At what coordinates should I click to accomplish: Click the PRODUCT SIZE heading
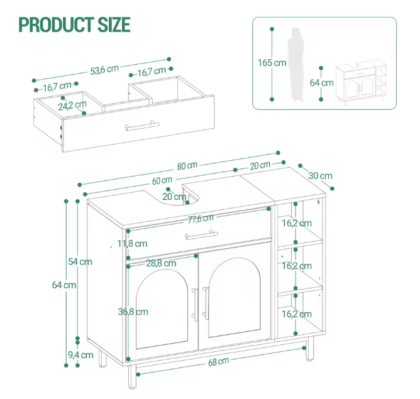pos(75,25)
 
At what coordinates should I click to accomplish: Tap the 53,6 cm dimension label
pos(104,70)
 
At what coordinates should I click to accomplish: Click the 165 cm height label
pos(272,62)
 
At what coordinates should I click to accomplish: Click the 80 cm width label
pos(187,166)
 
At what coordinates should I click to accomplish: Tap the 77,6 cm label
pos(201,219)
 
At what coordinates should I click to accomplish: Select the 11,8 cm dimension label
pos(132,244)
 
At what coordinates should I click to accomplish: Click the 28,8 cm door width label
pos(160,264)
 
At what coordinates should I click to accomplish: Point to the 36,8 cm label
pos(133,311)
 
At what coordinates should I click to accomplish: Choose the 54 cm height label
pos(80,261)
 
